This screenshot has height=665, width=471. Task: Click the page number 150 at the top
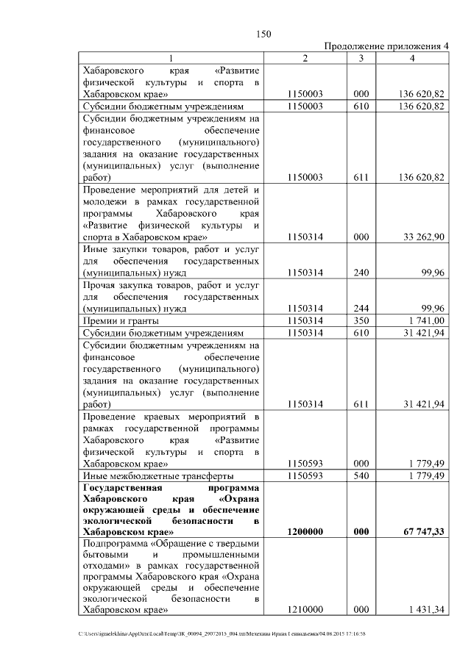[263, 33]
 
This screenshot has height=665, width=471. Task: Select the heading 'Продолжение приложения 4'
[386, 46]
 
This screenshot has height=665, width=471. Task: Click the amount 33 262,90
[422, 237]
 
